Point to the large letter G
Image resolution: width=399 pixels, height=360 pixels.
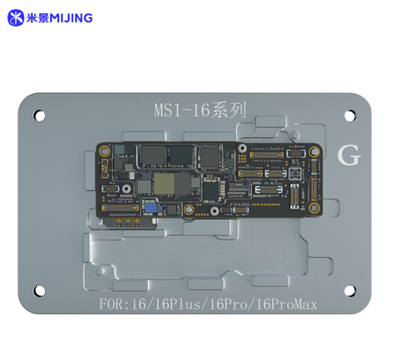click(x=349, y=156)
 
